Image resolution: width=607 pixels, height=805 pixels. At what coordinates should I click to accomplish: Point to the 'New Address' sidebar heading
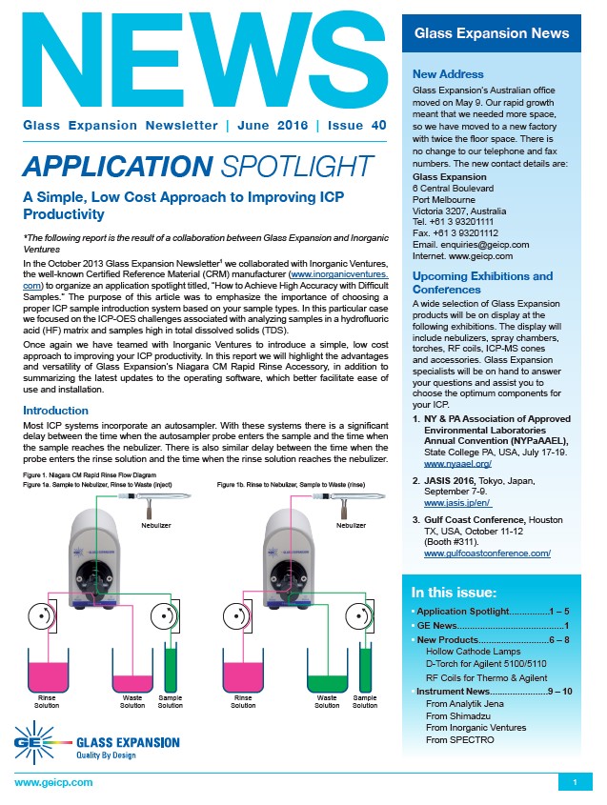448,74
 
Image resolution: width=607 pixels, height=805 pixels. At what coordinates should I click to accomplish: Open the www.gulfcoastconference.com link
487,553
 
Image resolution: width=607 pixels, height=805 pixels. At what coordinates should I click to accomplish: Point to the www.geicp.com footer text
53,782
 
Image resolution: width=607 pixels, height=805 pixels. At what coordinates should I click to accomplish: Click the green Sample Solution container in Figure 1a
171,669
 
